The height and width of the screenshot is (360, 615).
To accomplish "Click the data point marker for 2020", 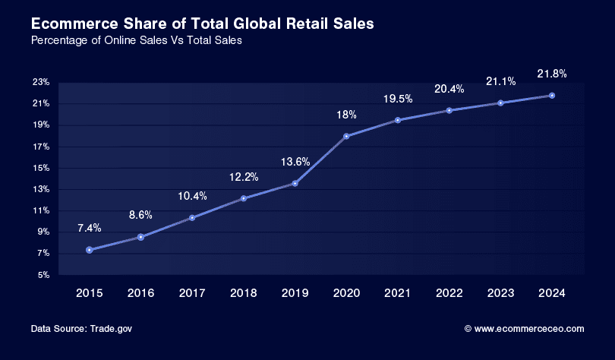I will coord(346,136).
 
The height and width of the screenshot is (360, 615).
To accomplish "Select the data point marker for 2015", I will coord(90,250).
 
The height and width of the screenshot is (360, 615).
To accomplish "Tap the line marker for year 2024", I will coord(552,95).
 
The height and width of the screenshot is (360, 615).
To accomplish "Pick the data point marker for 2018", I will coord(244,198).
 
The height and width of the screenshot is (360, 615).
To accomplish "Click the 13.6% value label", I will coord(295,162).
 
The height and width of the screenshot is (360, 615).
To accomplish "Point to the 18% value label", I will coord(346,115).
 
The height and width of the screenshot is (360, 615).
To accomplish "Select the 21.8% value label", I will coord(552,74).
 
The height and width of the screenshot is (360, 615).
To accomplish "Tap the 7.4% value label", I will coord(90,228).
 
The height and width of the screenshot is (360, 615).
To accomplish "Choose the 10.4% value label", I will coord(192,197).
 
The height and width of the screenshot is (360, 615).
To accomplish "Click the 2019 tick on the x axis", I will coord(295,292).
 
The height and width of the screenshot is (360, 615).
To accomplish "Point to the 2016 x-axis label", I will coord(141,292).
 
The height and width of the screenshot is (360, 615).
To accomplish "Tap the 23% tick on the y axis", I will coord(41,82).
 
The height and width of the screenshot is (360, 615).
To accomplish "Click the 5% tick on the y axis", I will coord(43,275).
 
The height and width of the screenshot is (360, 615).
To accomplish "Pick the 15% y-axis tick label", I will coord(41,168).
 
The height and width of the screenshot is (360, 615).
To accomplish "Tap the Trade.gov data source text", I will coord(111,329).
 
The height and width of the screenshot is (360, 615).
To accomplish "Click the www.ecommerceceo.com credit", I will coord(528,329).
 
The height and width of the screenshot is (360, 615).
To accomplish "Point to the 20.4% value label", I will coord(449,89).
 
